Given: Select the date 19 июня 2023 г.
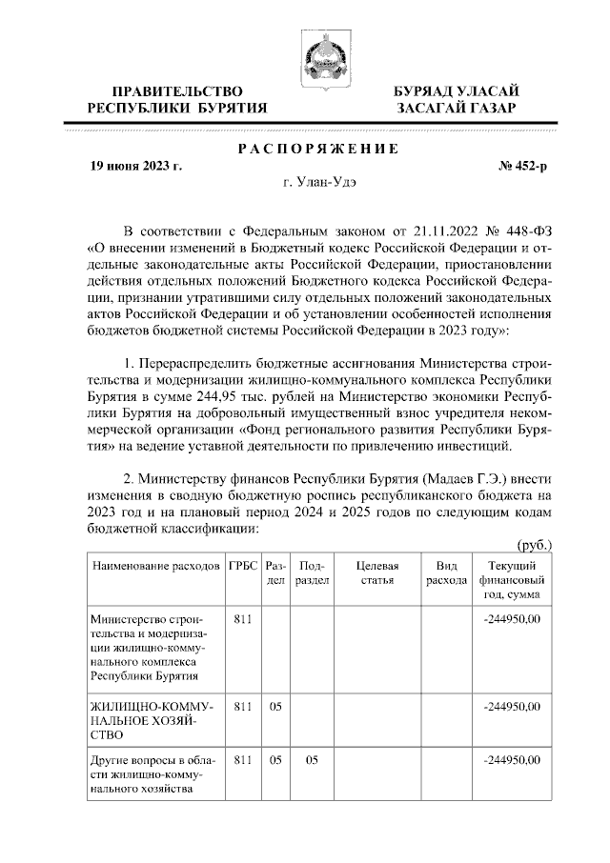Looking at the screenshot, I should (x=136, y=166).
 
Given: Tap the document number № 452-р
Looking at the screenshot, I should (x=523, y=166).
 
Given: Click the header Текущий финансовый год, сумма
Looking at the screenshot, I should (x=512, y=579).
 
